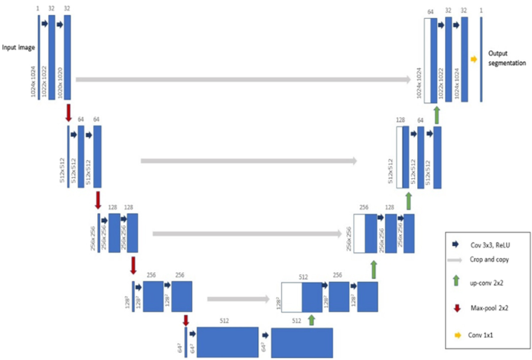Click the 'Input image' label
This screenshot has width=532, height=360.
18,47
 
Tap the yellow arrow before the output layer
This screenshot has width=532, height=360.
473,59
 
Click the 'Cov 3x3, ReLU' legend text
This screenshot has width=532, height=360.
490,245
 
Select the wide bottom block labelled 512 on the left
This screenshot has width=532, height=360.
227,341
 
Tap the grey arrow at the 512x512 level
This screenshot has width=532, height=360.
248,161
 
